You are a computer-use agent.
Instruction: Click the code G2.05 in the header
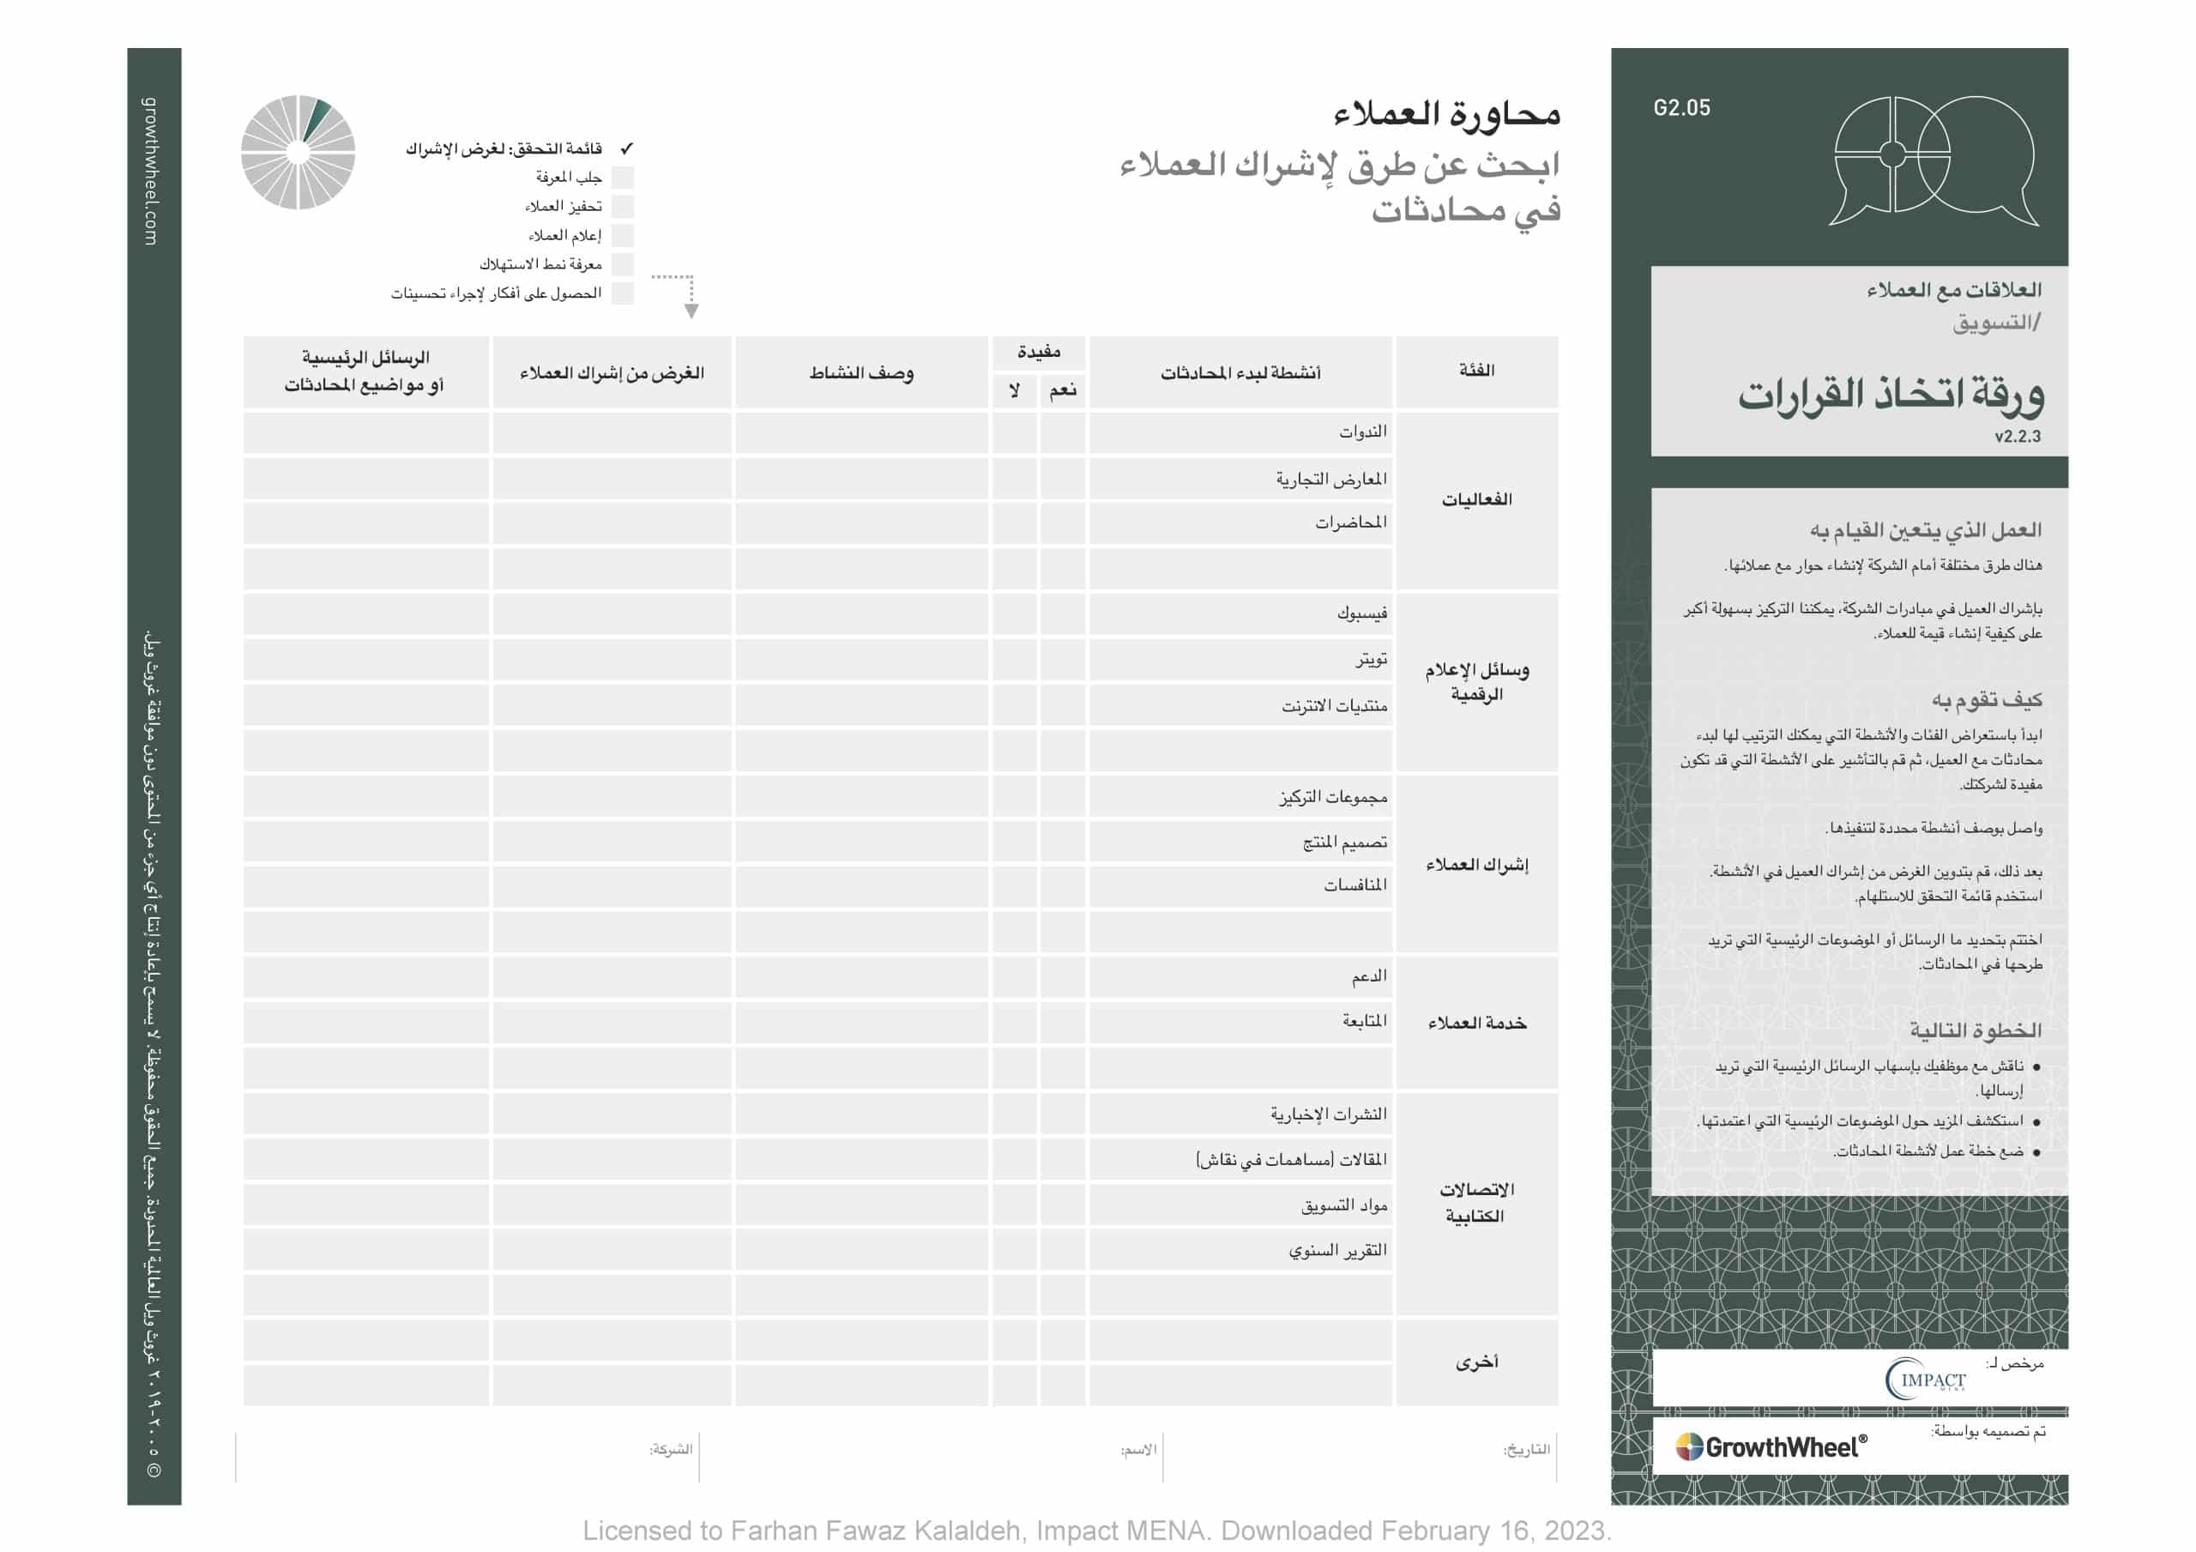(x=1681, y=108)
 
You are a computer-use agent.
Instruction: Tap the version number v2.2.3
(x=2017, y=437)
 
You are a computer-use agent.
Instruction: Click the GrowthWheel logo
(x=1771, y=1446)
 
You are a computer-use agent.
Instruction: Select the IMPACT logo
(x=1925, y=1379)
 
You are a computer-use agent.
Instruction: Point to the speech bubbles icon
(x=1933, y=160)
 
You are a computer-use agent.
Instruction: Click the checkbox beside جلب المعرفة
(x=623, y=177)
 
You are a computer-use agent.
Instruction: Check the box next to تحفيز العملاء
(x=623, y=207)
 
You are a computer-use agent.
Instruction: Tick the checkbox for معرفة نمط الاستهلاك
(x=623, y=264)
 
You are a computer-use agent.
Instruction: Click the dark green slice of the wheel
(x=317, y=118)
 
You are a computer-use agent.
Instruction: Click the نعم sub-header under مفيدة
(x=1063, y=390)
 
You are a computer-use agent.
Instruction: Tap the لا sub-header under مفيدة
(x=1014, y=390)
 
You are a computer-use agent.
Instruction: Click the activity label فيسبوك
(x=1362, y=613)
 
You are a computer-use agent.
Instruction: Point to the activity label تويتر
(x=1371, y=659)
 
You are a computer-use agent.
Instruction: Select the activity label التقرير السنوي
(x=1337, y=1251)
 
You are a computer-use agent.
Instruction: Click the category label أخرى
(x=1477, y=1362)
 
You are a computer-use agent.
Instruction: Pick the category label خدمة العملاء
(x=1477, y=1024)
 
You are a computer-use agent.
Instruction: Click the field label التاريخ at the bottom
(x=1527, y=1450)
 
